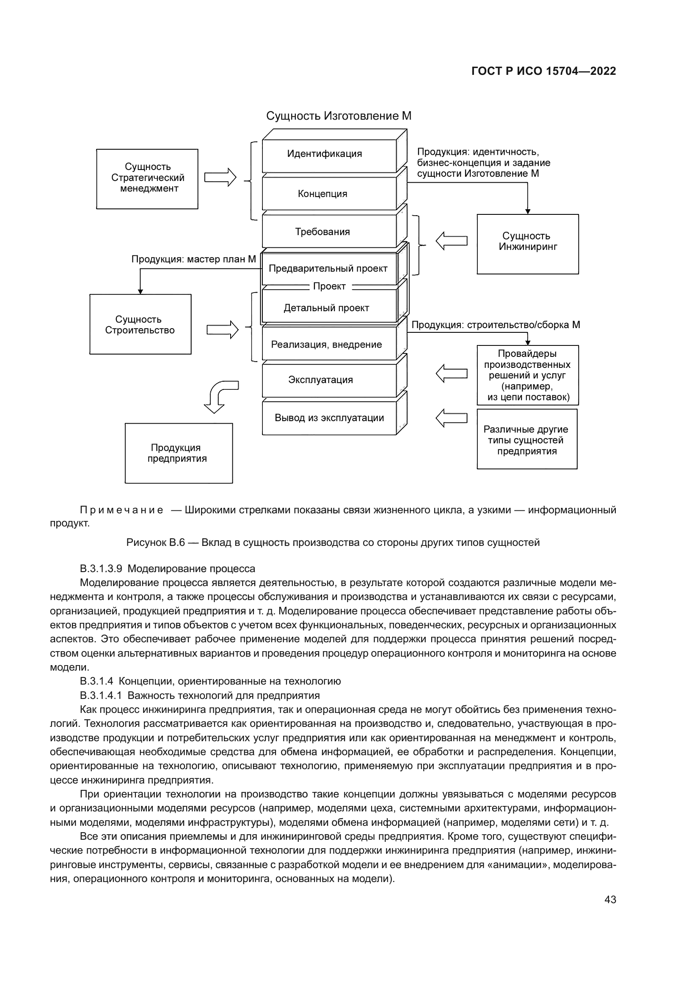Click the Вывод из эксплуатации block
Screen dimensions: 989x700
point(329,418)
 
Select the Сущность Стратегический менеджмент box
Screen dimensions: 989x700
point(147,179)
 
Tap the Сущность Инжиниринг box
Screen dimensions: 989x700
point(528,244)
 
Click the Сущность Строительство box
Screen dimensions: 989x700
point(140,324)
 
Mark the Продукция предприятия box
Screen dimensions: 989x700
point(179,453)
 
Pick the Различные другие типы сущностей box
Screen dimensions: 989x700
point(527,439)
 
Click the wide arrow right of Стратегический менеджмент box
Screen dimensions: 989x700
point(220,177)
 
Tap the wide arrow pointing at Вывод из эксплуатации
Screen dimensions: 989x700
point(451,418)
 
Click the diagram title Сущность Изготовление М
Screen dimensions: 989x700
point(339,116)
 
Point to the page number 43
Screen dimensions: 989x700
point(610,899)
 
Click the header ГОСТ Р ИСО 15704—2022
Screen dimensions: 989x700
point(543,71)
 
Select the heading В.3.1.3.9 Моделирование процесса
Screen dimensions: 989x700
point(167,569)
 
